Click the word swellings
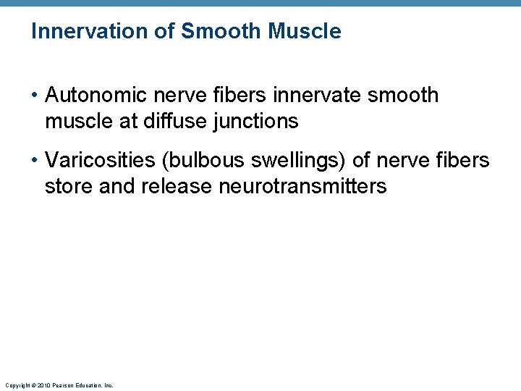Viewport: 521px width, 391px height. pyautogui.click(x=290, y=160)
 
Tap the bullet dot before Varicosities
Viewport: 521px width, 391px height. pyautogui.click(x=35, y=161)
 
